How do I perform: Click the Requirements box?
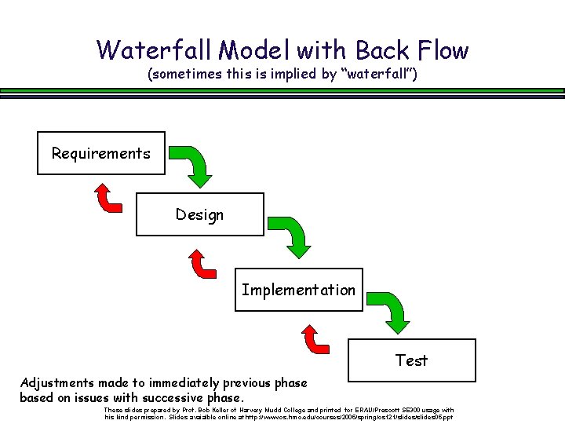click(101, 153)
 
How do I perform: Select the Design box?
click(199, 214)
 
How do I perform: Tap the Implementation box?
click(298, 290)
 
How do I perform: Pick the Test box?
click(411, 360)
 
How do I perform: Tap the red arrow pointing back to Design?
click(203, 264)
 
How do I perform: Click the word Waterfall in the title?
click(155, 50)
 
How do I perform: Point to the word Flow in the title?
click(439, 50)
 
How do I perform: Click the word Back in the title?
click(381, 50)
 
